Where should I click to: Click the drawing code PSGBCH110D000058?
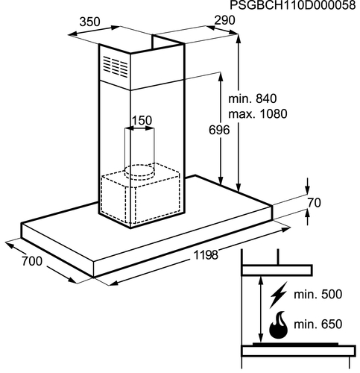click(x=293, y=5)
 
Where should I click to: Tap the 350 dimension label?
click(x=89, y=22)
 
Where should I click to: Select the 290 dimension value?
click(x=224, y=20)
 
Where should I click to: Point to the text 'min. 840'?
click(x=252, y=98)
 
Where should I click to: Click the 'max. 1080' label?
click(x=258, y=114)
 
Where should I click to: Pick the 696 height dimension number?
click(x=219, y=130)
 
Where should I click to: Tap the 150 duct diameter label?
click(x=142, y=121)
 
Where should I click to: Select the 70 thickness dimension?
click(x=315, y=203)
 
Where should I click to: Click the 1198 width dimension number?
click(x=206, y=255)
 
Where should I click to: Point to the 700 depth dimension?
click(x=32, y=261)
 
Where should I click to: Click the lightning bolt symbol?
click(x=279, y=295)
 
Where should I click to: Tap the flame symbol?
click(x=279, y=325)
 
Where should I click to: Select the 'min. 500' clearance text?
click(x=318, y=295)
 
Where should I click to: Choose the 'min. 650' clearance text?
click(x=318, y=325)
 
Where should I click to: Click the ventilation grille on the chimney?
click(x=116, y=66)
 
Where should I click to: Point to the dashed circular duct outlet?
click(x=139, y=172)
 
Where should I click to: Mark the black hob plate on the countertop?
click(x=295, y=344)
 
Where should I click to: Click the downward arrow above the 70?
click(x=308, y=186)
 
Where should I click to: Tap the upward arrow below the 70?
click(x=308, y=217)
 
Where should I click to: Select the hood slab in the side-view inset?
click(x=277, y=270)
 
